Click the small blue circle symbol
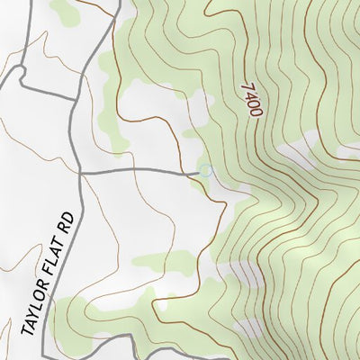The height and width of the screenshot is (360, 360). pyautogui.click(x=205, y=170)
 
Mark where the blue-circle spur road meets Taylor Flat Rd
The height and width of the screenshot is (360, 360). pyautogui.click(x=81, y=170)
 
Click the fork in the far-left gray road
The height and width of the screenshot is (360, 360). pyautogui.click(x=19, y=76)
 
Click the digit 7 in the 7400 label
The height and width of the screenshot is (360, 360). pyautogui.click(x=246, y=85)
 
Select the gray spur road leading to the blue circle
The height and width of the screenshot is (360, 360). pyautogui.click(x=144, y=169)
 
